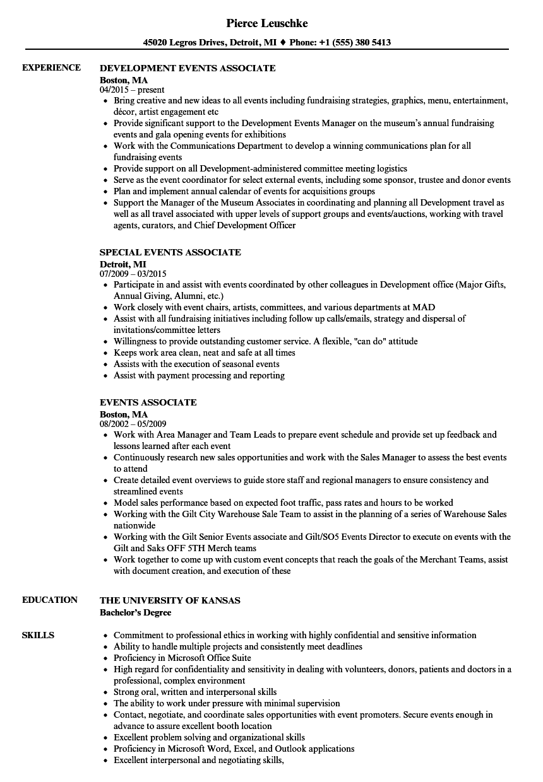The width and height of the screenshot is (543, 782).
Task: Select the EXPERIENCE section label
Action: tap(51, 67)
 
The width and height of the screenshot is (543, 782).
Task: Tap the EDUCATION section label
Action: tap(50, 600)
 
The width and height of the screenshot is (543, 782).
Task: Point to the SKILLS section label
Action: tap(38, 635)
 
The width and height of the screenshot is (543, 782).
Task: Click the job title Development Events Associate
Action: tap(188, 68)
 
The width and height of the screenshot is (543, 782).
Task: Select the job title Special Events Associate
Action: tap(170, 252)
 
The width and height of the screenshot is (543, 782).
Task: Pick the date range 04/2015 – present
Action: tap(132, 90)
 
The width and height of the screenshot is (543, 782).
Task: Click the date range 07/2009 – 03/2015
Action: tap(133, 274)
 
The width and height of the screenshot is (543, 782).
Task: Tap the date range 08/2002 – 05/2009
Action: tap(133, 424)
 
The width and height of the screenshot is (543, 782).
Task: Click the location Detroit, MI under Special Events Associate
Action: tap(123, 264)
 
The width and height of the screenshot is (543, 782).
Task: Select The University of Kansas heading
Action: tap(170, 600)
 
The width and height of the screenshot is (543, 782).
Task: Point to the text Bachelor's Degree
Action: tap(135, 612)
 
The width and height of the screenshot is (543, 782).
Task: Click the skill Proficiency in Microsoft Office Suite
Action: tap(182, 658)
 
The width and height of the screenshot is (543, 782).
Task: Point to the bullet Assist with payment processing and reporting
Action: tap(199, 376)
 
